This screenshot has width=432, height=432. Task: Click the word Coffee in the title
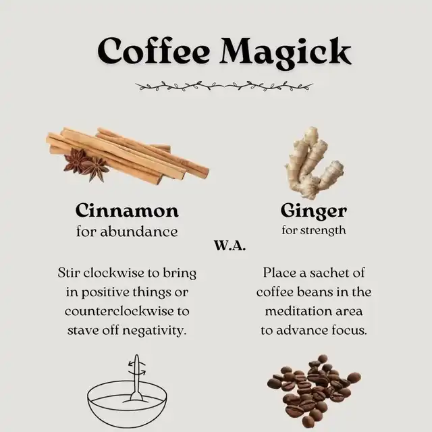153,51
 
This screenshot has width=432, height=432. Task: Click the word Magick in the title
286,53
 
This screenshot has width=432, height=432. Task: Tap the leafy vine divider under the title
224,86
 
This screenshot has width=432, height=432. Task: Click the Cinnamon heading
127,211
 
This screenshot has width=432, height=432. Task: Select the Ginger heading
313,212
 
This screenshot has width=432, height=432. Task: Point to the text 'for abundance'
127,232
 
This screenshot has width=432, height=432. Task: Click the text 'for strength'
313,230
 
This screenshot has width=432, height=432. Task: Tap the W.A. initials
230,246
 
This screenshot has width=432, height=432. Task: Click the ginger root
314,163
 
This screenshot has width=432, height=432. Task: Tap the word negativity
155,331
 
